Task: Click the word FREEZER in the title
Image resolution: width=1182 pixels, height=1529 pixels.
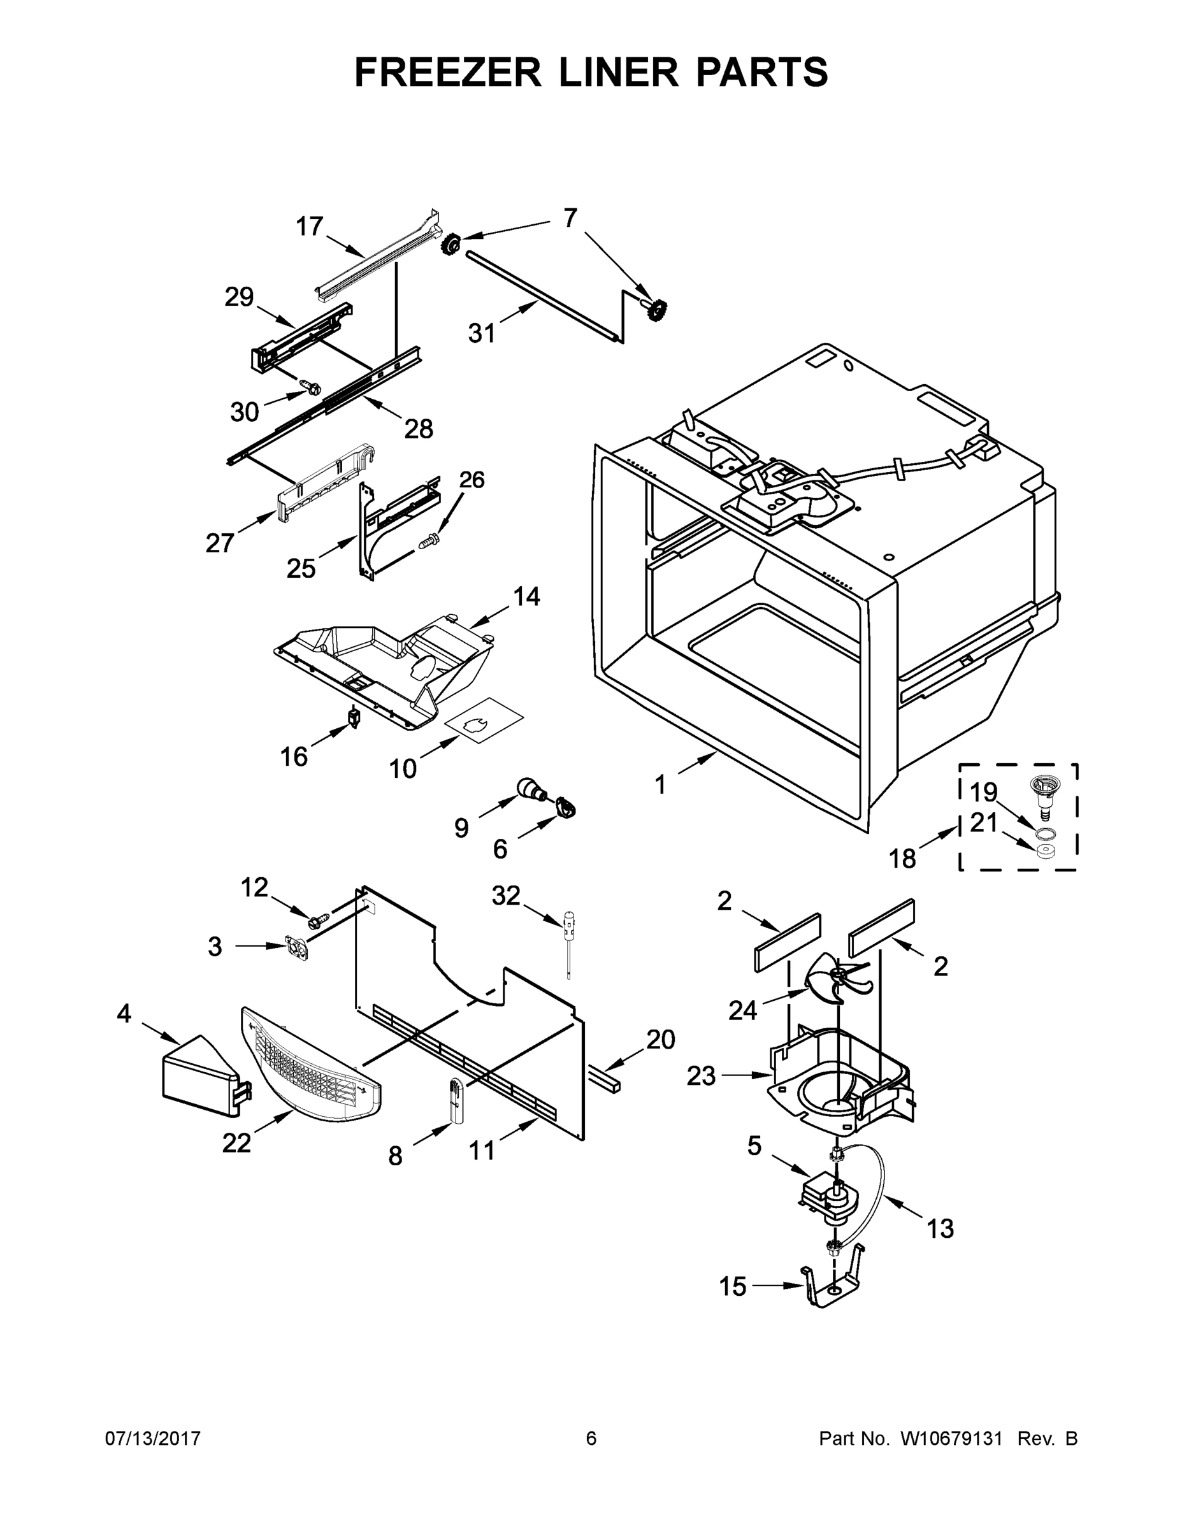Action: click(x=448, y=72)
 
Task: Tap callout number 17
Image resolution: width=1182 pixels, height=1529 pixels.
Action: click(x=309, y=227)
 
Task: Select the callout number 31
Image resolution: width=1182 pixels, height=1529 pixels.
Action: click(x=482, y=333)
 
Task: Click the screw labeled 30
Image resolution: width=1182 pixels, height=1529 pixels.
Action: click(x=309, y=384)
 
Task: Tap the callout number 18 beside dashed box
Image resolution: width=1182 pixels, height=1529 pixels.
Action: click(x=902, y=858)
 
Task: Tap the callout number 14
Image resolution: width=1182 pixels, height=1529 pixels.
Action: click(x=526, y=596)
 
